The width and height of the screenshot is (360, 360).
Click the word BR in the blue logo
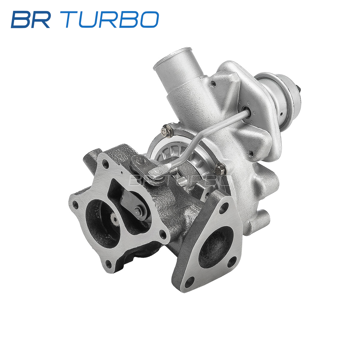pos(31,19)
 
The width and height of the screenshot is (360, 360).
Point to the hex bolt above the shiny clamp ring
pos(166,131)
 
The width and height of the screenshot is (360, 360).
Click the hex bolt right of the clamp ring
pos(220,169)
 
